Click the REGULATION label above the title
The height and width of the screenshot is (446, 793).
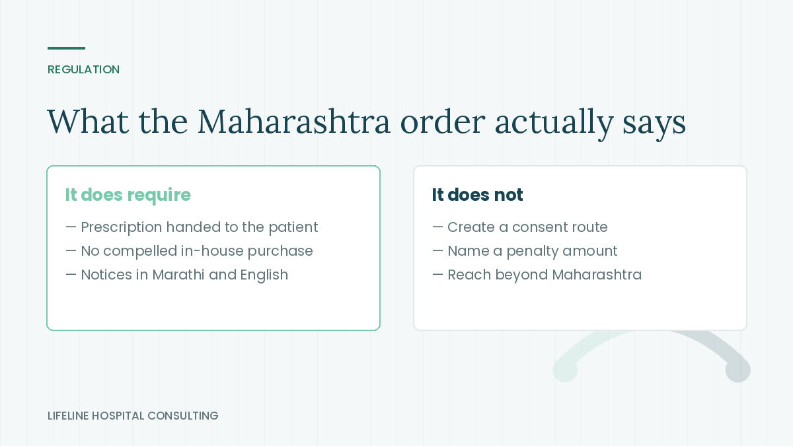[83, 69]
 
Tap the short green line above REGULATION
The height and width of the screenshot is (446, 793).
[66, 48]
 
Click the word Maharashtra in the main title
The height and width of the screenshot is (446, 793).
[294, 122]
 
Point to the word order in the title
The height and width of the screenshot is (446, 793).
[443, 122]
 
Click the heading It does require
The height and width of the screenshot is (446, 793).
[128, 195]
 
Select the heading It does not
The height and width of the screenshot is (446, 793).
[477, 195]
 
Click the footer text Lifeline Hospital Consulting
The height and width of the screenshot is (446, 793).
[133, 416]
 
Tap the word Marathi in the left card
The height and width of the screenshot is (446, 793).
[178, 275]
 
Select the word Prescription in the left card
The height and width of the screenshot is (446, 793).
[122, 227]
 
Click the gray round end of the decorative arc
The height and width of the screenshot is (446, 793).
[737, 370]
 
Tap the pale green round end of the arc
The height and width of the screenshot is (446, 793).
[565, 370]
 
